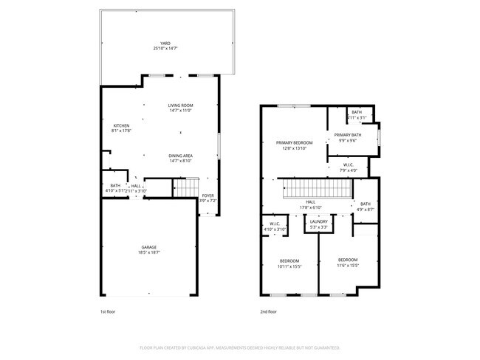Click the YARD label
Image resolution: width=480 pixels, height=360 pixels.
coord(165,44)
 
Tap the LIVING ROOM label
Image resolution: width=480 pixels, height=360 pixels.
coord(179,105)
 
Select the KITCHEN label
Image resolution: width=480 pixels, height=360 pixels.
coord(121,125)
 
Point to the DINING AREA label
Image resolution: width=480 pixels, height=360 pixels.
coord(181,156)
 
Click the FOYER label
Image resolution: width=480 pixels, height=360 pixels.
coord(208,195)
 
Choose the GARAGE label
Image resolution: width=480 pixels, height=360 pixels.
coord(149,247)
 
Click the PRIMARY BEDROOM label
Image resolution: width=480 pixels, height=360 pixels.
coord(294,142)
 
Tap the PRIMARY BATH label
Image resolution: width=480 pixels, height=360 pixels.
coord(347,135)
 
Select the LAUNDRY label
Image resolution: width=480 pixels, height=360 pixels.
coord(319,221)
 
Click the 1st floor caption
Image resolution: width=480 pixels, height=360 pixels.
coord(109,312)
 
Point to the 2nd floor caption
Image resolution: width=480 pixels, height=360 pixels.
coord(269,312)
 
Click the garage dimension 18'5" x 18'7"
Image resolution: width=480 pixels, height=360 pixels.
coord(149,253)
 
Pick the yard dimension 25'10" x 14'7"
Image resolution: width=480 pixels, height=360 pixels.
coord(165,49)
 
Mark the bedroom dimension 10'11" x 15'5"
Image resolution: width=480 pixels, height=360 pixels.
coord(289,266)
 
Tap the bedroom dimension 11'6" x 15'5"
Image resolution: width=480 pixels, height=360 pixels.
coord(348,266)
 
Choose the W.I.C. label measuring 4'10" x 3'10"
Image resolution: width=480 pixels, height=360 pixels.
coord(274,224)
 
